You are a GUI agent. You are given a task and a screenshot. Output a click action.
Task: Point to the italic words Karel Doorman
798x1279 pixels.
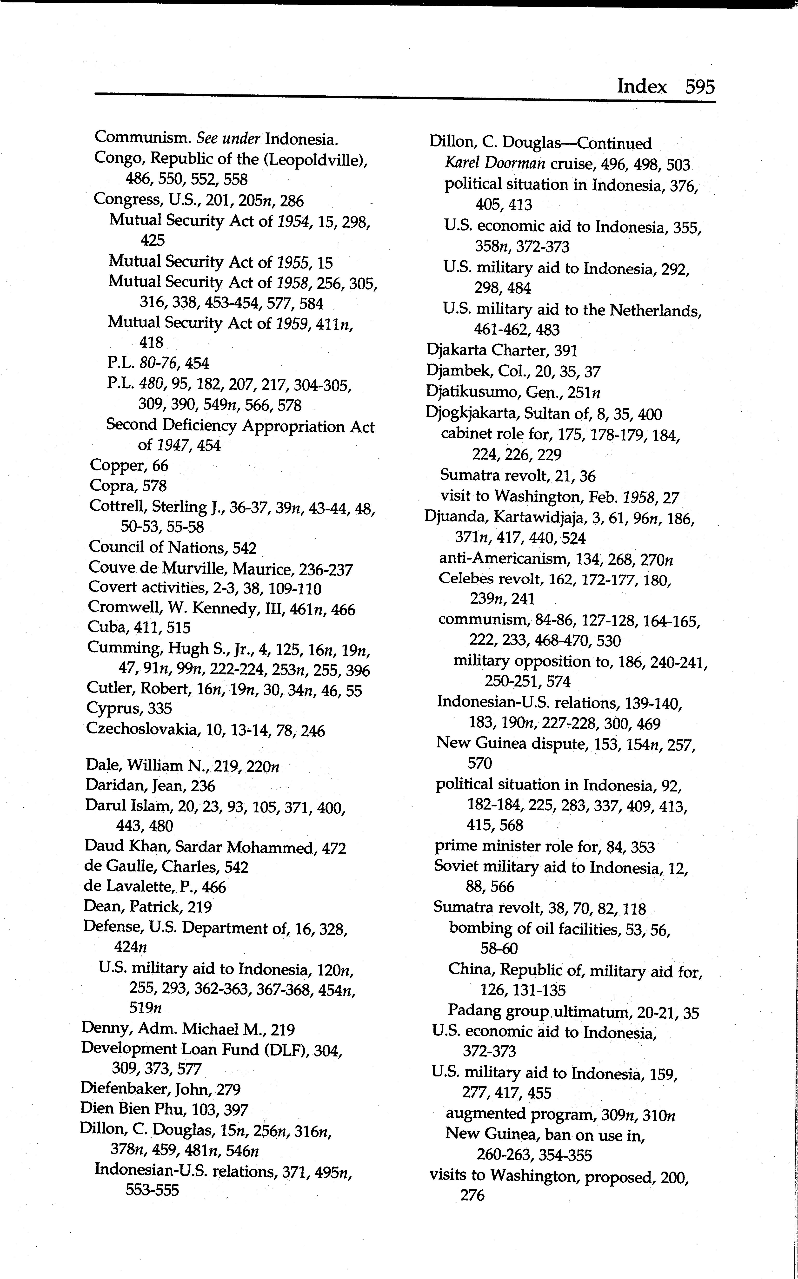494,164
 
